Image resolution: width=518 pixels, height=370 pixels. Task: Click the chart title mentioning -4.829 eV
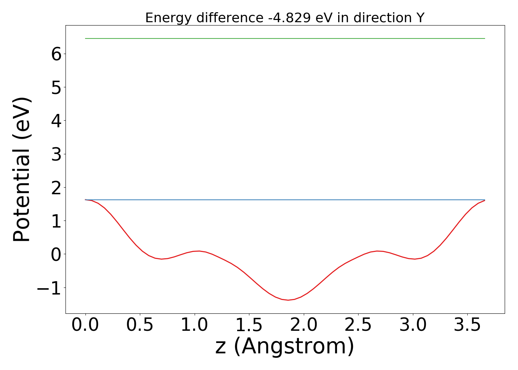(x=285, y=18)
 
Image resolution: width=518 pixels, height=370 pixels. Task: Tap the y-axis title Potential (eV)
(x=22, y=169)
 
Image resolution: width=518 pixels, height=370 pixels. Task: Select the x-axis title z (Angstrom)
(x=285, y=346)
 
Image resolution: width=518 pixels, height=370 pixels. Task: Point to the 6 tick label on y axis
(x=56, y=54)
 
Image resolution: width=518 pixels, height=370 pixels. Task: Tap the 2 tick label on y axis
(x=56, y=187)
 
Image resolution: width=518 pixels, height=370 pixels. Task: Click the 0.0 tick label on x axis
(x=85, y=325)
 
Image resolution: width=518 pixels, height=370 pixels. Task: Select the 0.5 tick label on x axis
(x=140, y=325)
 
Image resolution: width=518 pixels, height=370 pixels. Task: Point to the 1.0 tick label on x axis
(x=195, y=325)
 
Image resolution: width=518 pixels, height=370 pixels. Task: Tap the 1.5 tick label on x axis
(x=249, y=325)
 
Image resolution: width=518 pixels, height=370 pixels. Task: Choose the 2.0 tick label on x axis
(x=304, y=325)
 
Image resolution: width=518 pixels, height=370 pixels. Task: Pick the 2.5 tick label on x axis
(x=358, y=325)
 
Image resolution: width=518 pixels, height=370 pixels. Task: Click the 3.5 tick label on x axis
(x=467, y=325)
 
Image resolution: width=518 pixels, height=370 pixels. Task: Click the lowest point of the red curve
(x=288, y=300)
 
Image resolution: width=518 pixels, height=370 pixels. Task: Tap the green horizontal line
(x=285, y=38)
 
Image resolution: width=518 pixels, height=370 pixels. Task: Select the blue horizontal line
(x=285, y=200)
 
